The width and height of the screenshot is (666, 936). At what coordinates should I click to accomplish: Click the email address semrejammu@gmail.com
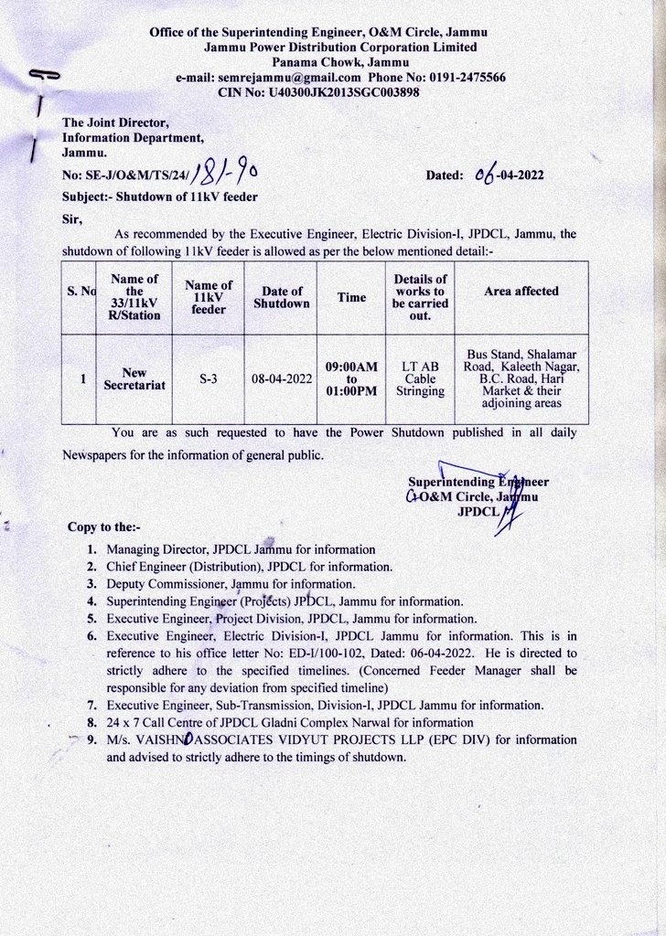tap(290, 78)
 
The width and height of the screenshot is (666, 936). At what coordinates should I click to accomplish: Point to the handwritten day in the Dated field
tap(485, 175)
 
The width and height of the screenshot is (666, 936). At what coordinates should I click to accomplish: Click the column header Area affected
tap(521, 292)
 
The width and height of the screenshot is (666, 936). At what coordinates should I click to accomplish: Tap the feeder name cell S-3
tap(209, 379)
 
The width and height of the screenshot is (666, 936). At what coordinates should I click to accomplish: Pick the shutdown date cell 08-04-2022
tap(282, 379)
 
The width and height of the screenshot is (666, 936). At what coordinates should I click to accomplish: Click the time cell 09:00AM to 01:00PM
tap(351, 379)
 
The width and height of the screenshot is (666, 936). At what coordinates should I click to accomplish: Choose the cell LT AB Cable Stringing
tap(420, 379)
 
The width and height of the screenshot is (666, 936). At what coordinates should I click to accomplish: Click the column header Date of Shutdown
tap(282, 297)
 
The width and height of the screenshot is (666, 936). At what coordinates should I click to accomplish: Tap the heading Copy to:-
tap(103, 527)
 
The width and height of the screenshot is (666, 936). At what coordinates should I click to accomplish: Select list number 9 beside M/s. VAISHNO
tap(91, 740)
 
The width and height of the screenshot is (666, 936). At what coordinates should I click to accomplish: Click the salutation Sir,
tap(71, 218)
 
